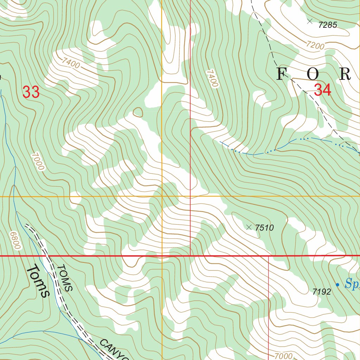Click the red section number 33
pyautogui.click(x=31, y=92)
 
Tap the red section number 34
pyautogui.click(x=322, y=90)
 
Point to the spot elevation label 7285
pyautogui.click(x=327, y=25)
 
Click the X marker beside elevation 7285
pyautogui.click(x=310, y=21)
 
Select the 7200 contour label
pyautogui.click(x=315, y=45)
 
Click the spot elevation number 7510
pyautogui.click(x=264, y=228)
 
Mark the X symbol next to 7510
pyautogui.click(x=249, y=227)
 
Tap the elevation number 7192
pyautogui.click(x=321, y=291)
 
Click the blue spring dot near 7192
pyautogui.click(x=337, y=285)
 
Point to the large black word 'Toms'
pyautogui.click(x=38, y=281)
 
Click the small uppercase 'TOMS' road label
pyautogui.click(x=65, y=278)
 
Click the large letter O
pyautogui.click(x=313, y=74)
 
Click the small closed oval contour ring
pyautogui.click(x=138, y=112)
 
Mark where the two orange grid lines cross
pyautogui.click(x=162, y=196)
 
